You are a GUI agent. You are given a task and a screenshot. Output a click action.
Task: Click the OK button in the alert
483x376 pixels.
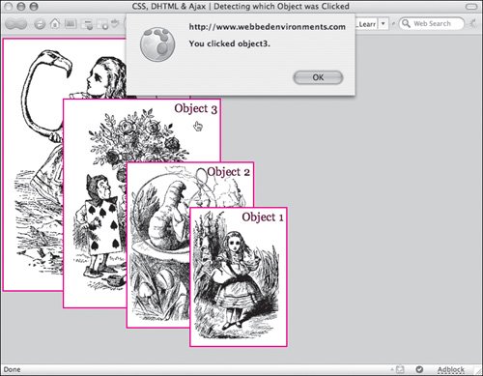(318, 77)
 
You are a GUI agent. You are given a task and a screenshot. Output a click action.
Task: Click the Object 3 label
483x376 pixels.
(196, 108)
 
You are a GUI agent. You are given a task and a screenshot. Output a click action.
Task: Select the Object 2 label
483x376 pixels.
(229, 172)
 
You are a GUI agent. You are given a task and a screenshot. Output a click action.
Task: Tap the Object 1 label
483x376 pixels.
(263, 217)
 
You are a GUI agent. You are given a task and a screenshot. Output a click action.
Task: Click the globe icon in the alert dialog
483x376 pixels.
(157, 44)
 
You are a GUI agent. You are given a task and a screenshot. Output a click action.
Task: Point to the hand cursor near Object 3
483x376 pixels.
(198, 127)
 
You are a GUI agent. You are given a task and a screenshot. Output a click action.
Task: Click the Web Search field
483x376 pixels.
(432, 23)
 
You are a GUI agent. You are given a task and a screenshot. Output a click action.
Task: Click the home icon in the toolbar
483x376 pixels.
(55, 23)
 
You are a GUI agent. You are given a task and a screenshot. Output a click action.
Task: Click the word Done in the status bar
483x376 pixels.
(12, 369)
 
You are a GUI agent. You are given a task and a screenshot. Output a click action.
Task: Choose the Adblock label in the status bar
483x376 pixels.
(451, 369)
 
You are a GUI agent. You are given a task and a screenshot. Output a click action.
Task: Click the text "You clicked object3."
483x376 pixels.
(229, 43)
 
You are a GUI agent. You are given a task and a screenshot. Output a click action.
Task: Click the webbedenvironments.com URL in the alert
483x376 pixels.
(268, 27)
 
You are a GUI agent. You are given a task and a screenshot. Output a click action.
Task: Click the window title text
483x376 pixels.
(241, 6)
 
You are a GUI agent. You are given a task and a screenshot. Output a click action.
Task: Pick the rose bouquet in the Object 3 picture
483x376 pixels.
(135, 138)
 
